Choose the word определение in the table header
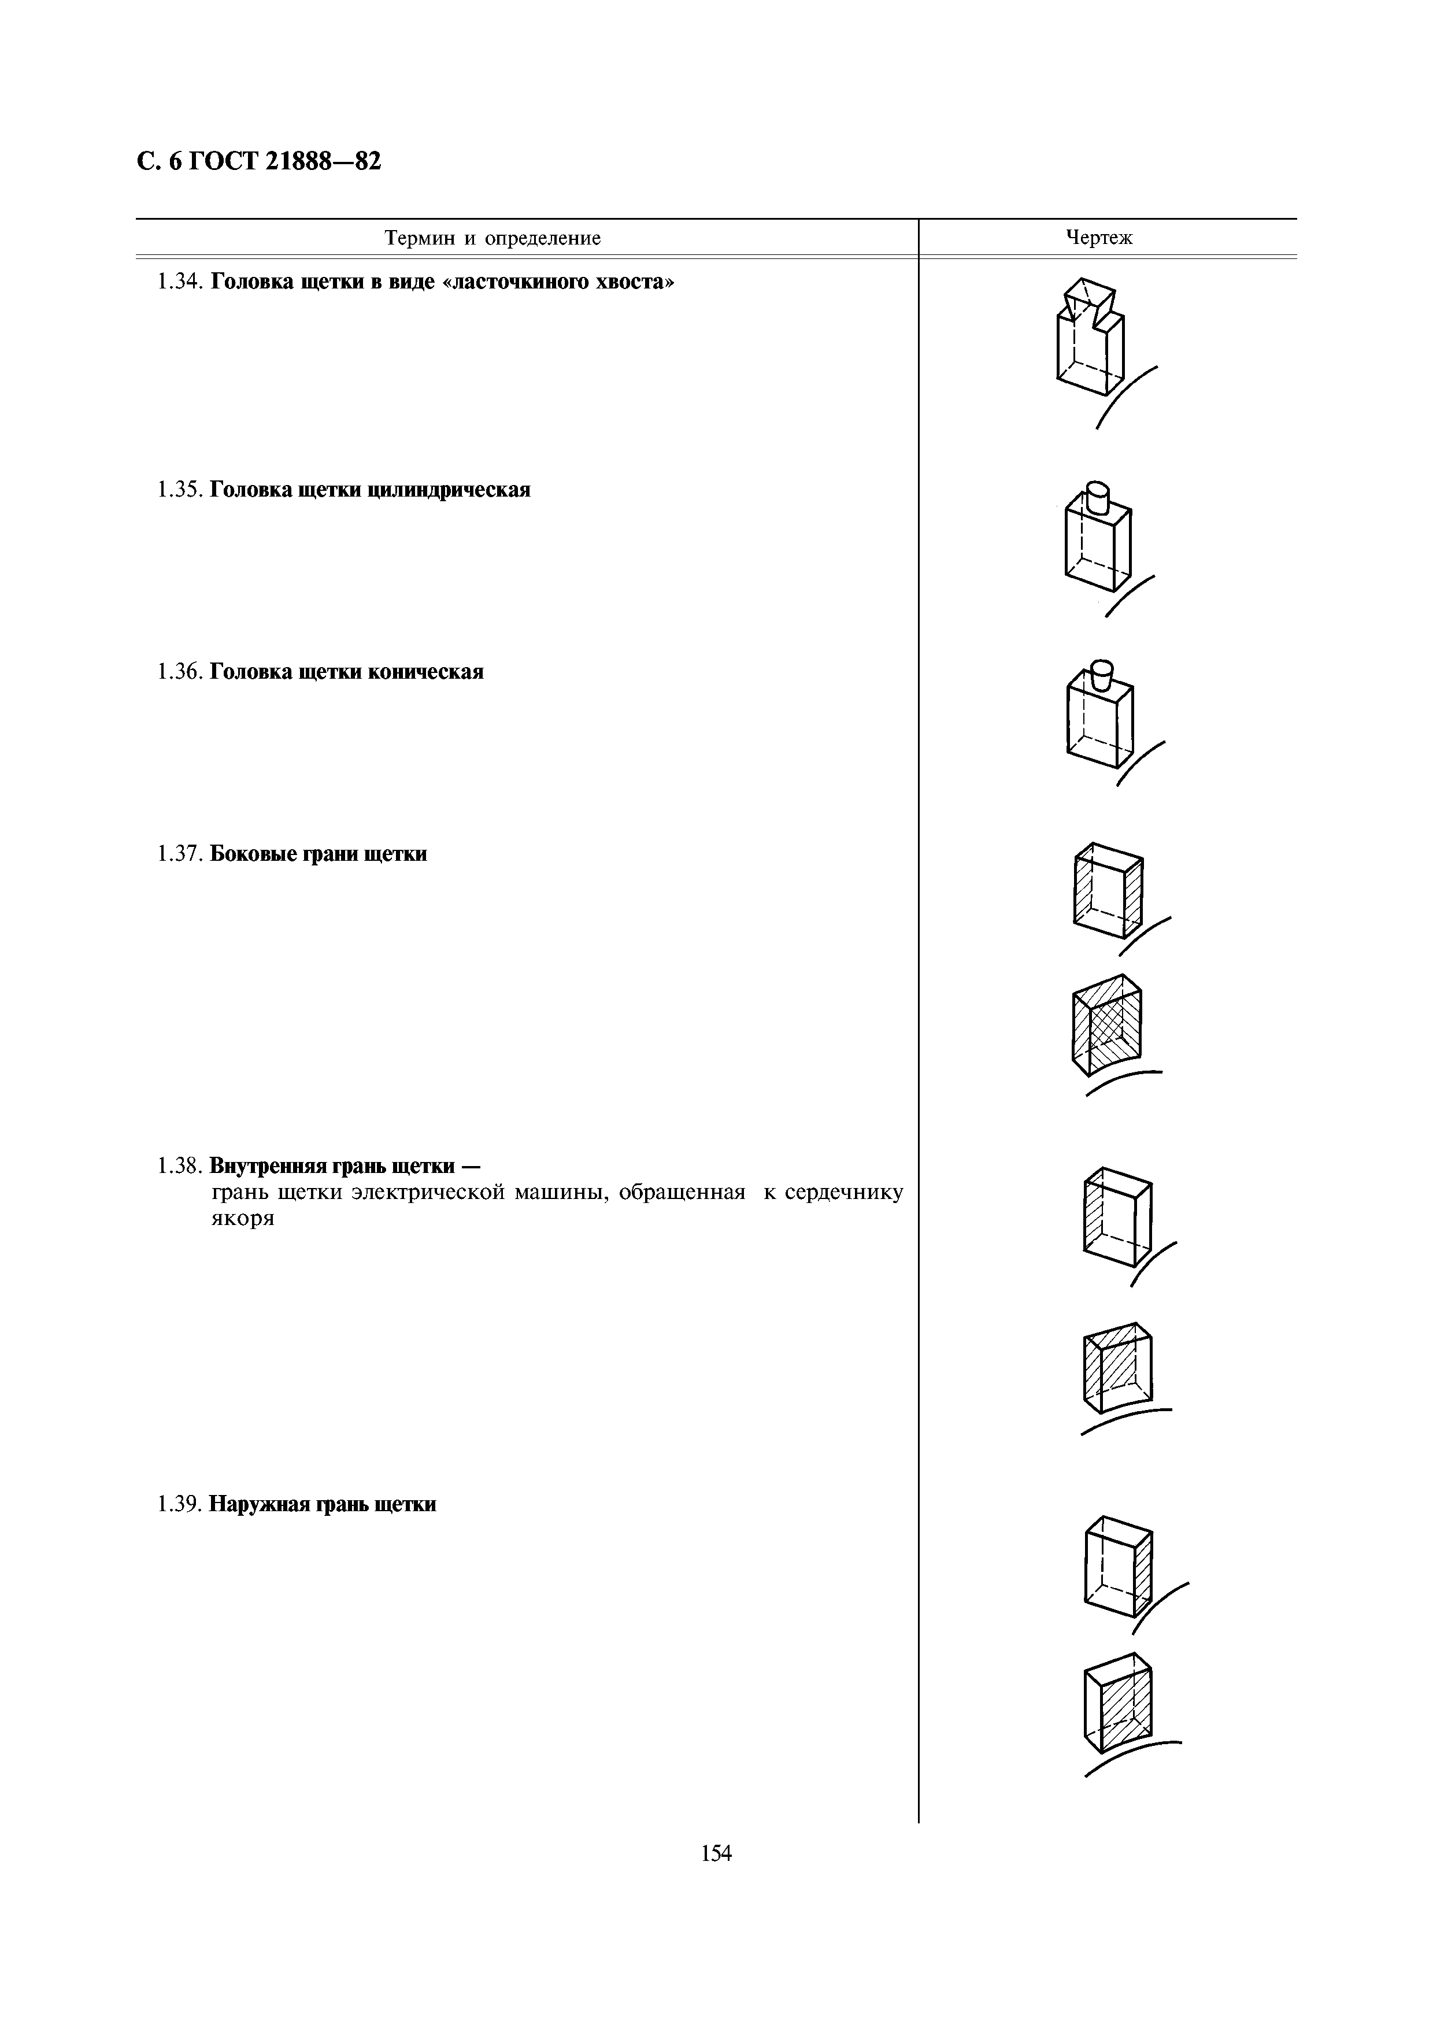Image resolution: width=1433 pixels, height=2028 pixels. tap(543, 239)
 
